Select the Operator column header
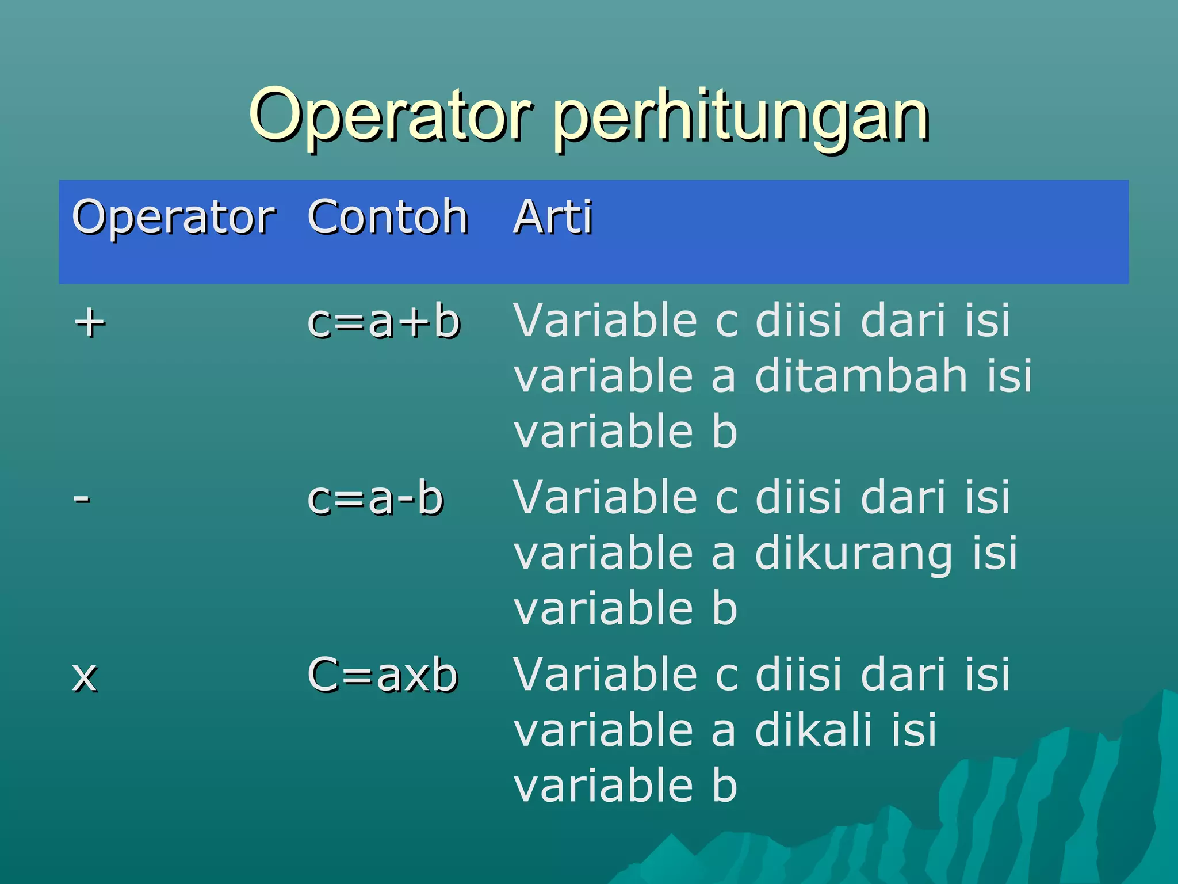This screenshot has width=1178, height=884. [174, 218]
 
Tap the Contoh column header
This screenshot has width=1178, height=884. [388, 218]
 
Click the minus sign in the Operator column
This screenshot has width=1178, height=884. [82, 498]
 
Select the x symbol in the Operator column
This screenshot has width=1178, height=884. [85, 677]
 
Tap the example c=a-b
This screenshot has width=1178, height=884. [375, 498]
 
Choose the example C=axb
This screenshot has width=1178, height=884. [383, 675]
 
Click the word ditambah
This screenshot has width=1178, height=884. [861, 376]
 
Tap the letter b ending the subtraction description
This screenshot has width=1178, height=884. [724, 608]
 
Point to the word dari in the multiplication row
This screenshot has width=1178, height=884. [903, 674]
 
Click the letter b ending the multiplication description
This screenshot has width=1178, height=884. [724, 785]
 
